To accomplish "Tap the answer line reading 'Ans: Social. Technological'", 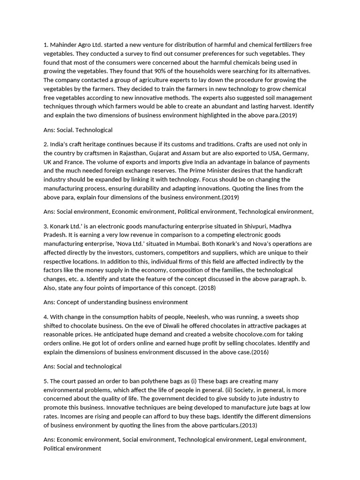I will [78, 130].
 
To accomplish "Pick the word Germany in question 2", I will [294, 153].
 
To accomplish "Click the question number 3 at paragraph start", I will [45, 226].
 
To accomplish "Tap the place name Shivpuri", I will [262, 226].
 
